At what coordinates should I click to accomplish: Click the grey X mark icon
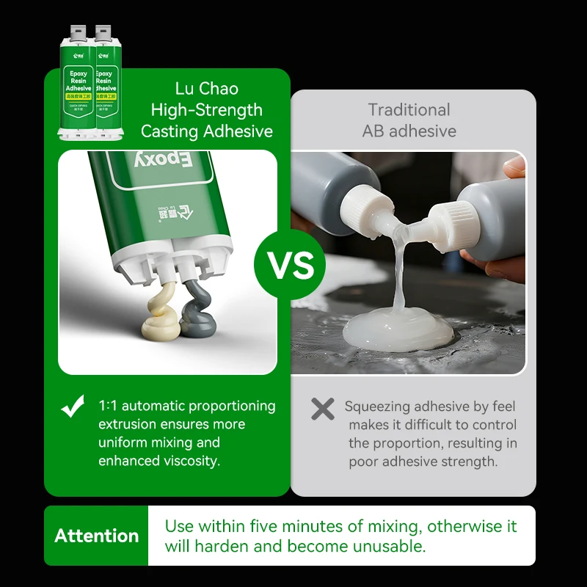pos(323,409)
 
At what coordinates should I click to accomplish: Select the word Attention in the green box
pos(96,536)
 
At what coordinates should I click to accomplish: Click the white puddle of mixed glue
pos(399,329)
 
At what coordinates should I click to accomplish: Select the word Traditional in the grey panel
pos(409,110)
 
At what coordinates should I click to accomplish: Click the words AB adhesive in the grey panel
pos(409,131)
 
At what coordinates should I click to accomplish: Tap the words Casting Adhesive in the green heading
pos(206,131)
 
